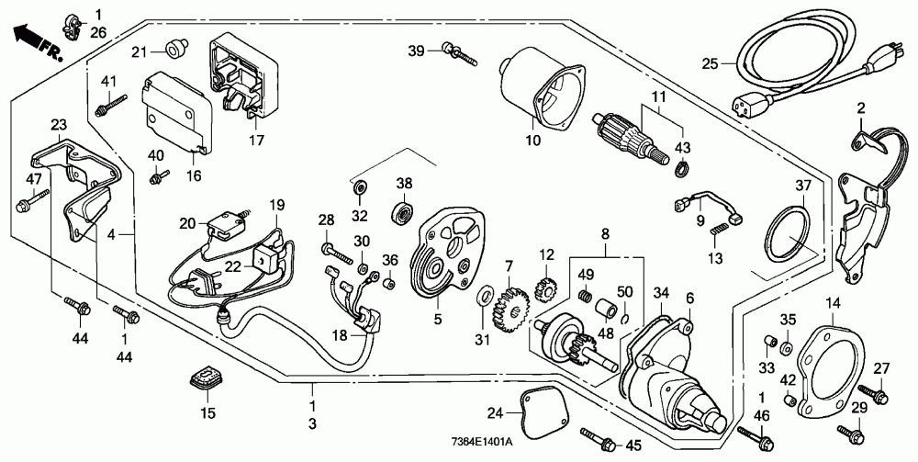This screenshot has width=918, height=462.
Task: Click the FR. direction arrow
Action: pyautogui.click(x=38, y=42)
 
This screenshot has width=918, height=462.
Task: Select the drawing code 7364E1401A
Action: pyautogui.click(x=483, y=442)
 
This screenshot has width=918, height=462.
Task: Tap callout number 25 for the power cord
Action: pyautogui.click(x=710, y=63)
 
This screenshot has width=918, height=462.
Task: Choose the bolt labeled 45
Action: pyautogui.click(x=598, y=438)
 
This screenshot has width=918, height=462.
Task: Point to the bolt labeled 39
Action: pyautogui.click(x=461, y=52)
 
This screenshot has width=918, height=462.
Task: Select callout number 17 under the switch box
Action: pyautogui.click(x=256, y=141)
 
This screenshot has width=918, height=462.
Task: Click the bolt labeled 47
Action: pyautogui.click(x=34, y=200)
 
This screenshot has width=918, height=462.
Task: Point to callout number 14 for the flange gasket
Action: pyautogui.click(x=833, y=303)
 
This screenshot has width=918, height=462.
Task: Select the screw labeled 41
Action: pyautogui.click(x=111, y=104)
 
